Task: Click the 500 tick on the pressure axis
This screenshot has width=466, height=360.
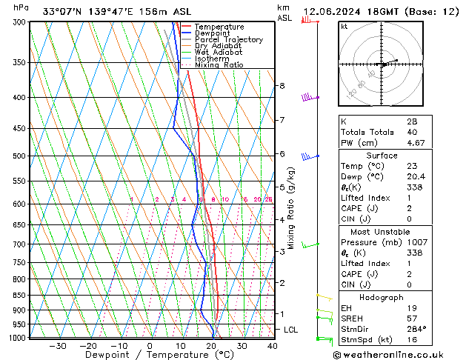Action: [x=16, y=156]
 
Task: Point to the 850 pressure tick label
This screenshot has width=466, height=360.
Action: [x=16, y=296]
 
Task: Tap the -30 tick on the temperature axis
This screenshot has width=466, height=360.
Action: [x=58, y=346]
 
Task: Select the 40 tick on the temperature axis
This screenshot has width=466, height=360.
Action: [x=272, y=346]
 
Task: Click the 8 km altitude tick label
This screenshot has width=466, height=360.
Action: [x=282, y=86]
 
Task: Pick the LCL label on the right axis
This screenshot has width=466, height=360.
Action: [x=290, y=330]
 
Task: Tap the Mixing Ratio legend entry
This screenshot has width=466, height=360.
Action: [x=219, y=65]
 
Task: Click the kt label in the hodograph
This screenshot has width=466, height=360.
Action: [x=344, y=26]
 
